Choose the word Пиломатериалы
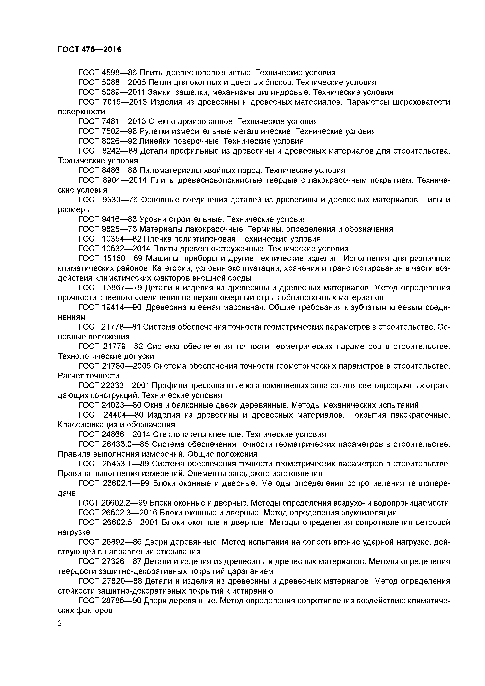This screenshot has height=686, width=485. point(169,171)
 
